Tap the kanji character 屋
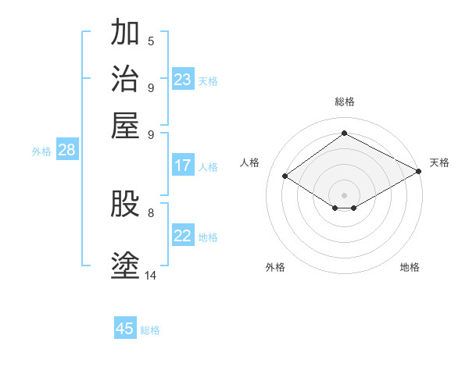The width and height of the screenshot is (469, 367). point(125,124)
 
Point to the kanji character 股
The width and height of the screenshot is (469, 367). point(125,205)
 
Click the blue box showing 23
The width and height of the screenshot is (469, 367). point(183,80)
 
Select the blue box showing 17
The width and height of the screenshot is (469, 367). point(183,166)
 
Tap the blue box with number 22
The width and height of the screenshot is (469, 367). point(183,236)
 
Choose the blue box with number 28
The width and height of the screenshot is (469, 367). point(66,151)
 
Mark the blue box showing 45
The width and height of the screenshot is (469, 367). point(125,329)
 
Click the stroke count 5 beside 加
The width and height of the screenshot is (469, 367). point(151,41)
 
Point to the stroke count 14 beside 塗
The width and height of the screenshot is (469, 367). point(151,275)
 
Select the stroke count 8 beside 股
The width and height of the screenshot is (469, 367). point(151,212)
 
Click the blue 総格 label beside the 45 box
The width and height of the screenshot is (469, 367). point(150,330)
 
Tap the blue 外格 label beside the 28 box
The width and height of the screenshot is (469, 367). point(41,152)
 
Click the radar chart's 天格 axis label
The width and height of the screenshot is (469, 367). point(439,162)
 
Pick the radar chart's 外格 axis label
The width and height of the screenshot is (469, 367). point(275,267)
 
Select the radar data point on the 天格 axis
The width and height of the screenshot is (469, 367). point(419,173)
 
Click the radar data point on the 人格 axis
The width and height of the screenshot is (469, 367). point(285,176)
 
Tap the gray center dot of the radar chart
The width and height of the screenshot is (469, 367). point(344,194)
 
